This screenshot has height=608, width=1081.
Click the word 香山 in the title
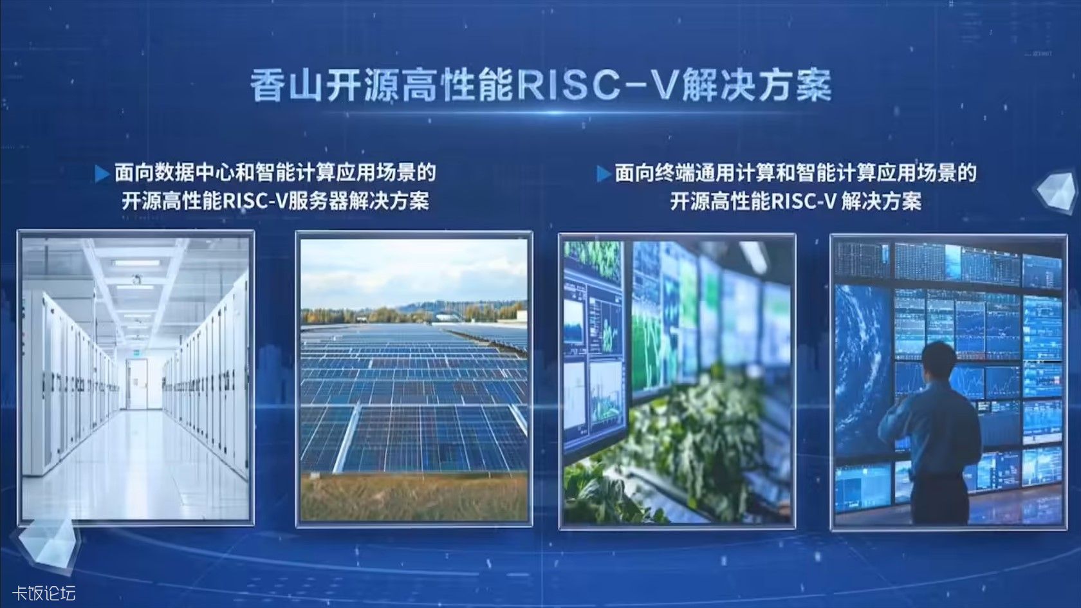[x=287, y=86]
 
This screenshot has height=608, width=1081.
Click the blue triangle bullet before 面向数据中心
[x=102, y=174]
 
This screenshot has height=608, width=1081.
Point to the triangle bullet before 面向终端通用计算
[x=604, y=174]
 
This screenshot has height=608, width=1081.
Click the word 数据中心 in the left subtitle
[x=195, y=172]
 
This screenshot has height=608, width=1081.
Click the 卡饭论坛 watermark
[x=44, y=593]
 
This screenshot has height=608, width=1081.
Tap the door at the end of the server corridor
[x=138, y=384]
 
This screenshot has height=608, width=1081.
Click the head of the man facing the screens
[x=939, y=360]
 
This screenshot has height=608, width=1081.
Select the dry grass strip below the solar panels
[x=414, y=497]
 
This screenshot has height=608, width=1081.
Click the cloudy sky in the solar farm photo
[x=414, y=273]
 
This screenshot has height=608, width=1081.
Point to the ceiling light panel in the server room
[x=136, y=263]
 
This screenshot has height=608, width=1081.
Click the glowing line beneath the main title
[x=540, y=114]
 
